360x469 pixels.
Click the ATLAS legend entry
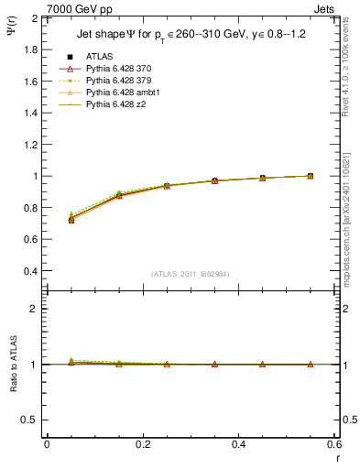[x=100, y=56]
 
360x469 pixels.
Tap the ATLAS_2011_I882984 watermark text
[x=191, y=274]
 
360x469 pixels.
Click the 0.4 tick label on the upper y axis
[x=31, y=271]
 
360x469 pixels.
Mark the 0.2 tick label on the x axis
[x=143, y=444]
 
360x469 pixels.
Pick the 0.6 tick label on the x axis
[x=334, y=444]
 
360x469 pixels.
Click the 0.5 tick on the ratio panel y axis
[x=31, y=420]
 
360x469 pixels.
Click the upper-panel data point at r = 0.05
[x=71, y=220]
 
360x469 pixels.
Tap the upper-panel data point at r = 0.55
[x=310, y=176]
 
